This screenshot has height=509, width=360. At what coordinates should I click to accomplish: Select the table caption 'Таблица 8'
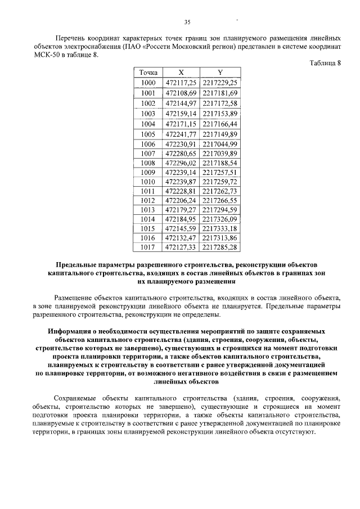[x=325, y=62]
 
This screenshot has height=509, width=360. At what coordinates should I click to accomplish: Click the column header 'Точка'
[x=148, y=73]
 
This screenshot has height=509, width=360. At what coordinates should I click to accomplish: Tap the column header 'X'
[x=181, y=73]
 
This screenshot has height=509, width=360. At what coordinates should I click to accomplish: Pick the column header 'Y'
[x=220, y=73]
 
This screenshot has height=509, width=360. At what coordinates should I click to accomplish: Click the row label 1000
[x=148, y=83]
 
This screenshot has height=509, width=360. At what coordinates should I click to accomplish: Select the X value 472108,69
[x=181, y=93]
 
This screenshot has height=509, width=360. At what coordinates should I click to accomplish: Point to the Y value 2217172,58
[x=220, y=103]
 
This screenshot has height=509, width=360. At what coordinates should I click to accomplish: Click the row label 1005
[x=148, y=134]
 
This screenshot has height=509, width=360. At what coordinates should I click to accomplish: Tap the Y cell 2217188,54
[x=220, y=164]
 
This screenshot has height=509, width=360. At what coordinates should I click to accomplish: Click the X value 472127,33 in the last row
[x=181, y=246]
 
